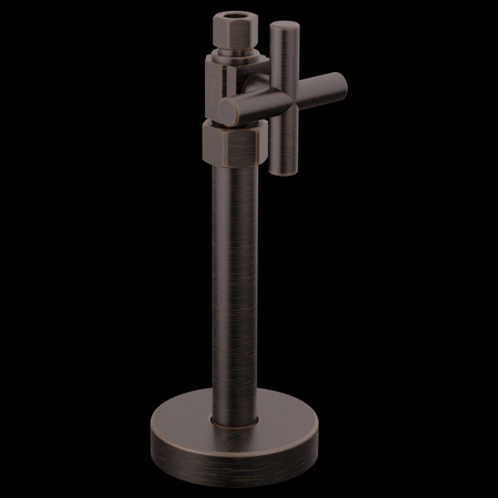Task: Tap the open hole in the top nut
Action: pos(238,16)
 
